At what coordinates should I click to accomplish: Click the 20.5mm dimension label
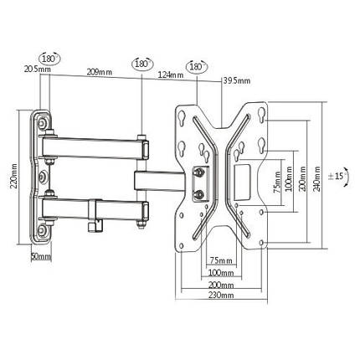point(38,69)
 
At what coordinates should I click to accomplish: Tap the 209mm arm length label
point(100,72)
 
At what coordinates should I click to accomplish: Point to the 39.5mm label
point(237,81)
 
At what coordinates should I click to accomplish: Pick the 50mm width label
point(41,256)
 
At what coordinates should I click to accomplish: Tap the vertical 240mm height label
point(317,178)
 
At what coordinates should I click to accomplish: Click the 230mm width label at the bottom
point(221,295)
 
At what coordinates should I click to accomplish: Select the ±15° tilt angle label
point(337,177)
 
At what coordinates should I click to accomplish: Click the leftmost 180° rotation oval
point(50,59)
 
